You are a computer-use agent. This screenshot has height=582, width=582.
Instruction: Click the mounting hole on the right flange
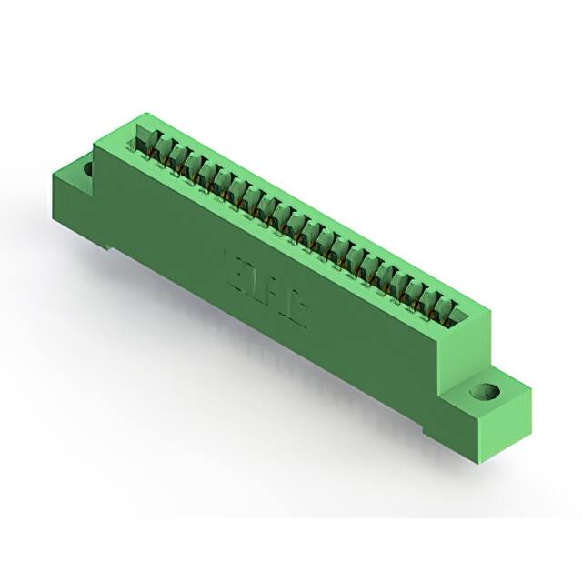[x=484, y=392]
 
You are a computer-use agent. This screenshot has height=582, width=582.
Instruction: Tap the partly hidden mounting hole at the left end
[x=88, y=169]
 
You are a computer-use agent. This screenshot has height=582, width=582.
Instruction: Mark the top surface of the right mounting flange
[x=496, y=386]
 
